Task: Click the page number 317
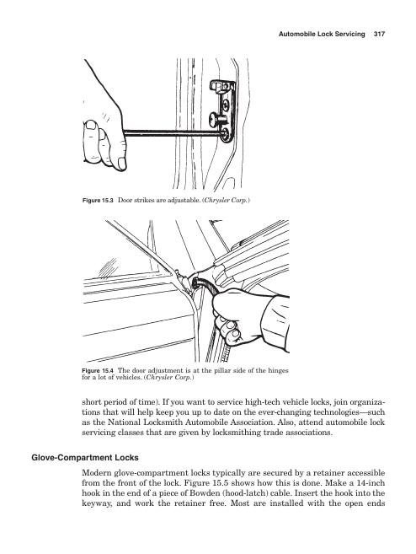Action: click(x=379, y=35)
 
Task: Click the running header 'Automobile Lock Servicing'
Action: click(x=322, y=35)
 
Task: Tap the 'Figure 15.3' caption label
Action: click(x=98, y=201)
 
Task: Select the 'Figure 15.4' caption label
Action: click(x=98, y=371)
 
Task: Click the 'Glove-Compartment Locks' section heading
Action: click(x=85, y=458)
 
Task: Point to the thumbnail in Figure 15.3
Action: click(x=91, y=125)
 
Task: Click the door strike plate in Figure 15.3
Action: click(x=224, y=110)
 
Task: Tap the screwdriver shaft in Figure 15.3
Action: click(x=173, y=133)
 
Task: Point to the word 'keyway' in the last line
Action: click(x=96, y=503)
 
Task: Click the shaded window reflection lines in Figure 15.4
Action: click(x=108, y=267)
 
